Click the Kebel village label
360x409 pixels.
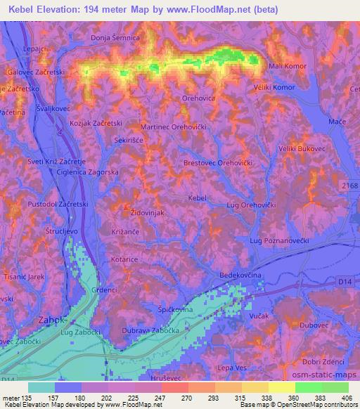point(198,198)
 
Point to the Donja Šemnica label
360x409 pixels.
point(117,37)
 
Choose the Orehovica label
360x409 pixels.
point(199,98)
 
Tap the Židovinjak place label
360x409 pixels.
point(148,211)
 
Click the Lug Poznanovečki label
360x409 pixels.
point(280,240)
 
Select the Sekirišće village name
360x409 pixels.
point(131,140)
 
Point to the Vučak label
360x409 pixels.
point(259,318)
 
